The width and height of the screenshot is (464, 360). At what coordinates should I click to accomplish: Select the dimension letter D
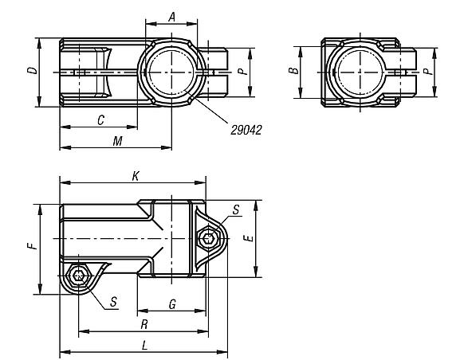coord(31,71)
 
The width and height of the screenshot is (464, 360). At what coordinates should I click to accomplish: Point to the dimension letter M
coord(116,140)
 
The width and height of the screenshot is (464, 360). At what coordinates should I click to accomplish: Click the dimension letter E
coord(249,238)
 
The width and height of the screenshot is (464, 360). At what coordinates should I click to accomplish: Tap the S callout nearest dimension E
coord(235,209)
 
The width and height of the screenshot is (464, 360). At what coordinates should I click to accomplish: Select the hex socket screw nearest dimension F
coord(79,276)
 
